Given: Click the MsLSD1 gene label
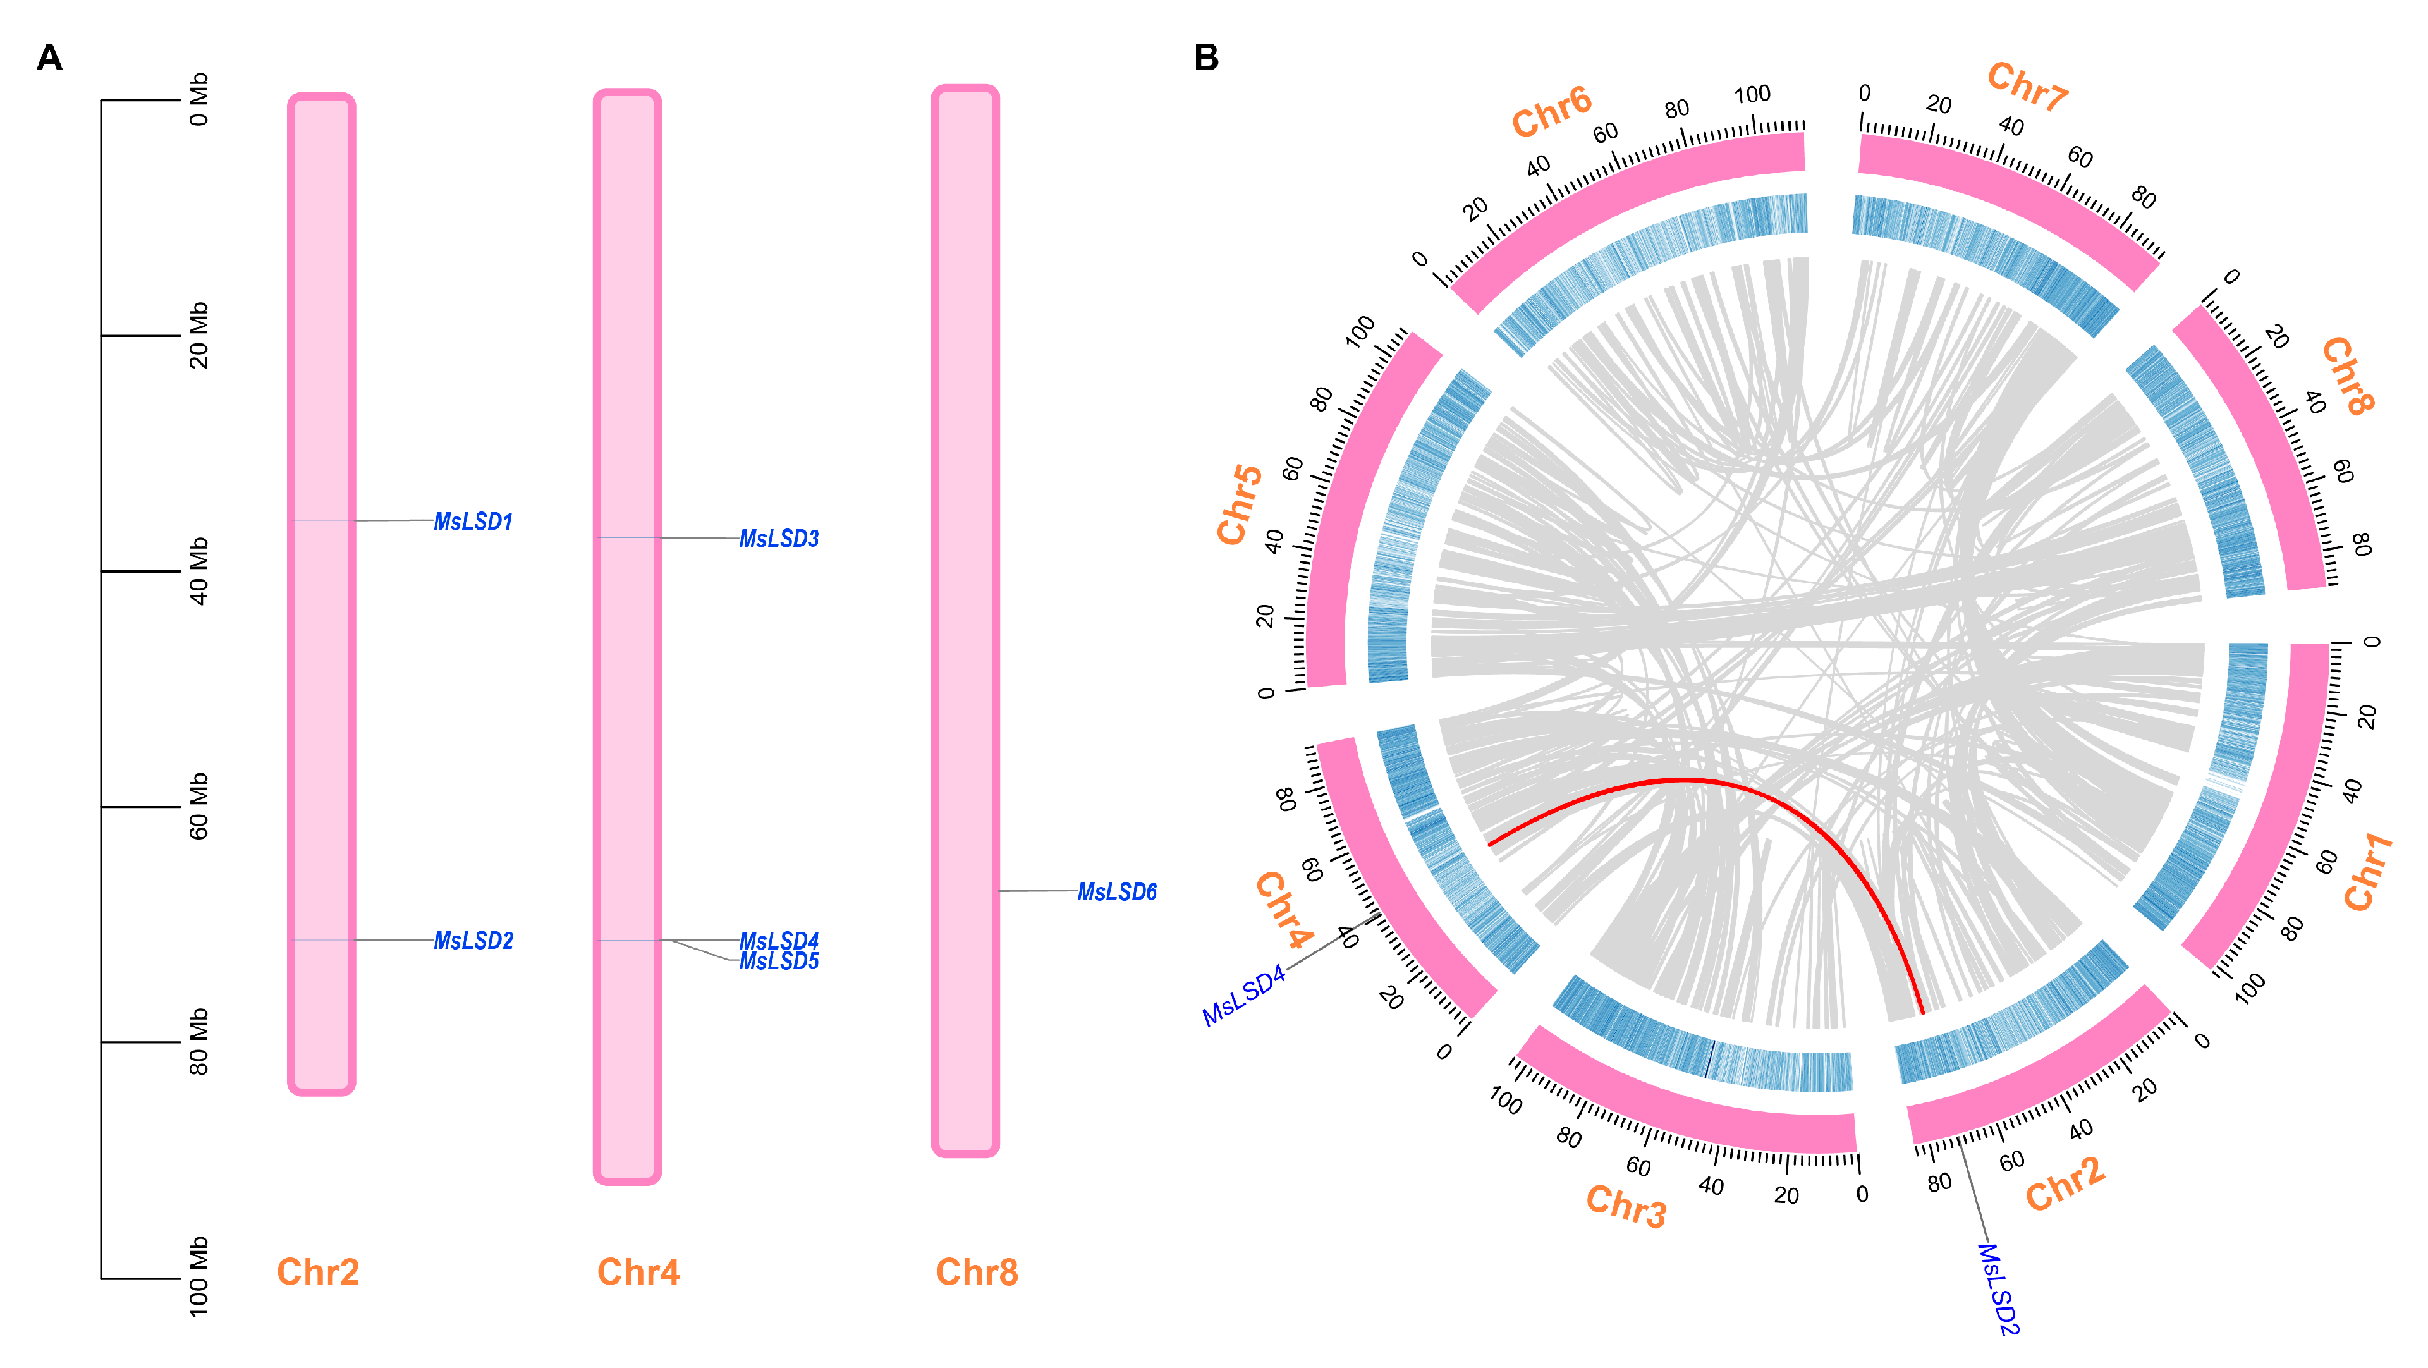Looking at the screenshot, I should pos(473,522).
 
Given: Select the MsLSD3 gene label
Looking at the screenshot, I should pos(779,539).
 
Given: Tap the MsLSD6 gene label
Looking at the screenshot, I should pos(1117,892).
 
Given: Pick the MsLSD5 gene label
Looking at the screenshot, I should pos(779,962).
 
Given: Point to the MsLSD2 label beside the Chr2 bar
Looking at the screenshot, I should pos(473,941).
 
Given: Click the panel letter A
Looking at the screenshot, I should pos(50,58).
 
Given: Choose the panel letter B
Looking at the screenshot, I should pos(1207,58).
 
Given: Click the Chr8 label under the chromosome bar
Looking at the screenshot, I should pos(977,1272).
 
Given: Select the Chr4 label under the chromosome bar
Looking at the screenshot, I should pos(638,1272).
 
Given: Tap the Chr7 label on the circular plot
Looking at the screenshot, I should pos(2027,87).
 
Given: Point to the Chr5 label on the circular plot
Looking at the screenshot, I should pos(1240,504).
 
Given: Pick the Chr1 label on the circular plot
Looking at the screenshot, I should pos(2368,872).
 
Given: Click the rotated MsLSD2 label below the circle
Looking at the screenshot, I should pos(1998,1289).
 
